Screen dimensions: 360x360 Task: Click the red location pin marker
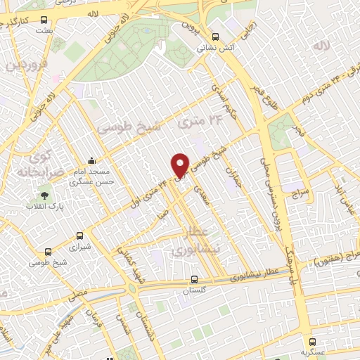(x=180, y=165)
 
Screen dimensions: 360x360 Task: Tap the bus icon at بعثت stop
(x=44, y=21)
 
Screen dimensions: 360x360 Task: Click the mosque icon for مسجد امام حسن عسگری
(x=92, y=160)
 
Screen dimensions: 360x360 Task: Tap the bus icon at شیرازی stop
(x=79, y=236)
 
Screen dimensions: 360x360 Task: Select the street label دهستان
(x=149, y=325)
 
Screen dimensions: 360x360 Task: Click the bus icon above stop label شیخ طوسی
(x=48, y=252)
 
